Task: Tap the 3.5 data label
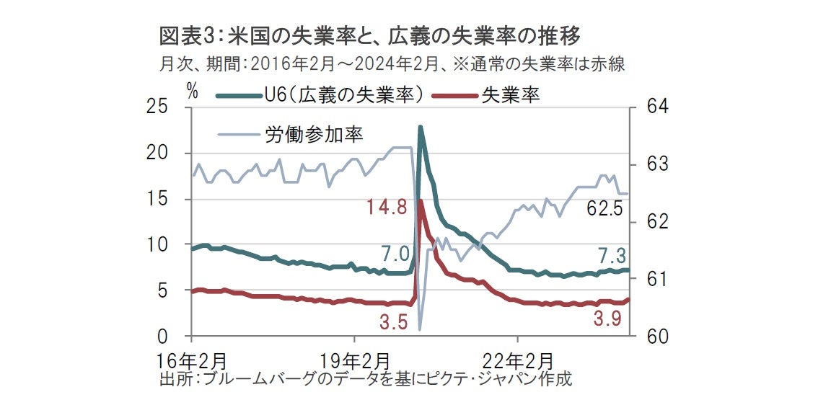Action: (392, 321)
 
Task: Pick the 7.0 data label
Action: (396, 253)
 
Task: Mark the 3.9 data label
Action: (607, 319)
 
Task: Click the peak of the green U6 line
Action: (420, 128)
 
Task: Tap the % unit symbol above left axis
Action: (191, 90)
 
